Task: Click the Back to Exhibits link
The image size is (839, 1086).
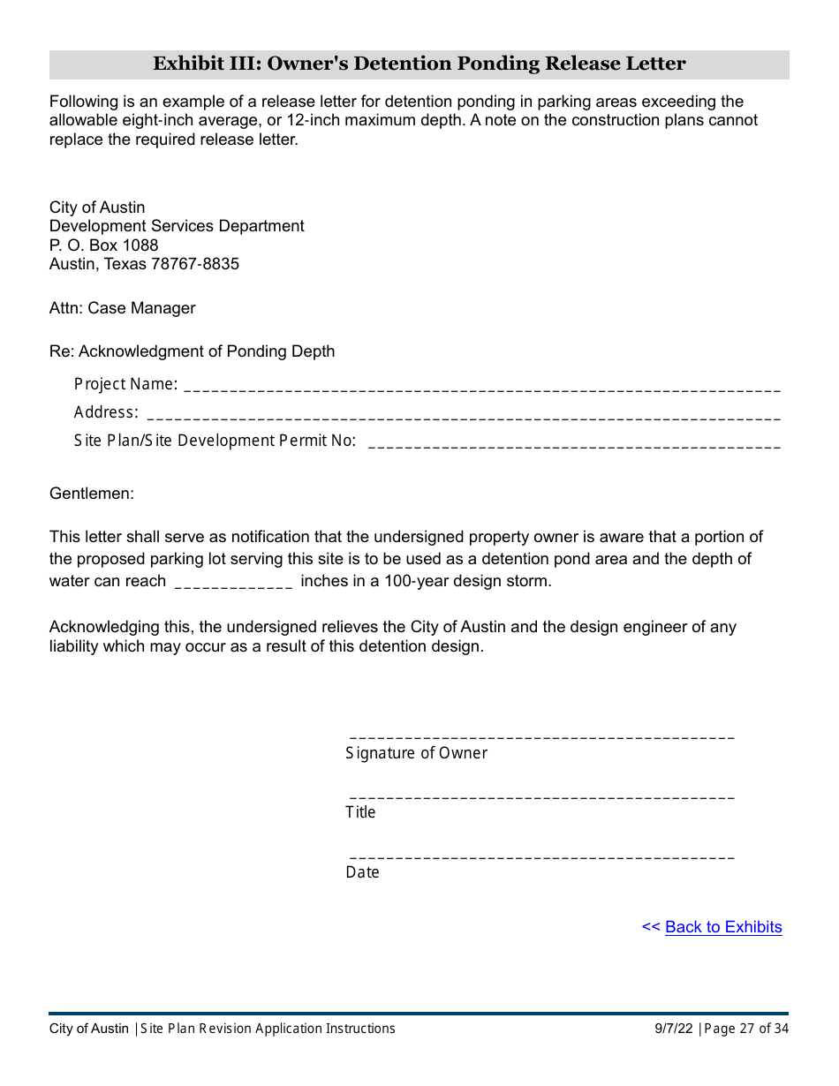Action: [722, 927]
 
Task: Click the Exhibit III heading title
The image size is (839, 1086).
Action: [419, 64]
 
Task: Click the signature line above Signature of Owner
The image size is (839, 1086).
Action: [541, 735]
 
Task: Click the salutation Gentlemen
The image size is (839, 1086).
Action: [92, 494]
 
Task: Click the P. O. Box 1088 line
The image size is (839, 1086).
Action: [104, 245]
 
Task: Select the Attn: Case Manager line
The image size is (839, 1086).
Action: [123, 308]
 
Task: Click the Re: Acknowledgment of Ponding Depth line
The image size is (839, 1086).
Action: [193, 351]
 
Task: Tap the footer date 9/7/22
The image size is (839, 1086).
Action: [675, 1029]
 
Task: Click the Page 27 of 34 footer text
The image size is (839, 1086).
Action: [746, 1029]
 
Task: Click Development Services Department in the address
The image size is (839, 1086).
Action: [177, 226]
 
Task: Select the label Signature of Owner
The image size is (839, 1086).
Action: [416, 753]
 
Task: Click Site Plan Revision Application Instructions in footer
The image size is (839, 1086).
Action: [268, 1029]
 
